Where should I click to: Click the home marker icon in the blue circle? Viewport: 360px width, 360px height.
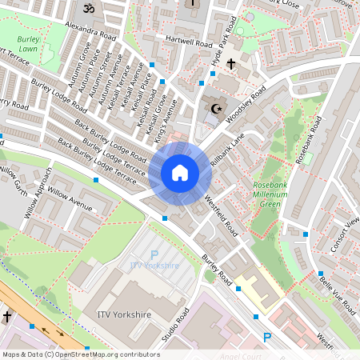point(179,173)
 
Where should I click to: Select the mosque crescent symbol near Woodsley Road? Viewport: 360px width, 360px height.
point(214,106)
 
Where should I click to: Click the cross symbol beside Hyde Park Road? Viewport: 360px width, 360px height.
point(231,63)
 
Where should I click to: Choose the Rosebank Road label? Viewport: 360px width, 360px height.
point(310,141)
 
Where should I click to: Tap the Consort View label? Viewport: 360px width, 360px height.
point(346,231)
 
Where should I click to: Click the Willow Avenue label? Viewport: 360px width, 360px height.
point(70,200)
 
